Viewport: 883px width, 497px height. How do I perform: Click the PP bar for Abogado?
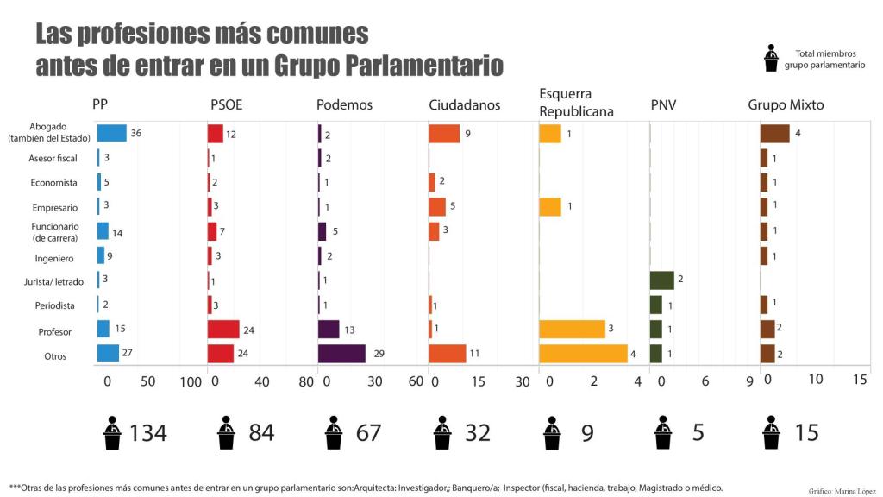(112, 133)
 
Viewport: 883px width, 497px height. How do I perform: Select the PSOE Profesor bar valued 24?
(223, 329)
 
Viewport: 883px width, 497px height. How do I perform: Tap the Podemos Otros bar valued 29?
(341, 354)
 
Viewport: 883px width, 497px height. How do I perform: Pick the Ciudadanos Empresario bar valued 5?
(437, 207)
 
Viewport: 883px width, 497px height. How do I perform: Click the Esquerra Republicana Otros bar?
(583, 354)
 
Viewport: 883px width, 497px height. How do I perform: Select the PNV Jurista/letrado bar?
(661, 280)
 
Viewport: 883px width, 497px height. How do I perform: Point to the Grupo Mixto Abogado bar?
(774, 133)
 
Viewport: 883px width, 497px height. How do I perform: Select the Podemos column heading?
(344, 105)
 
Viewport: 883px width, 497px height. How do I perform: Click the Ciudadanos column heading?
(464, 105)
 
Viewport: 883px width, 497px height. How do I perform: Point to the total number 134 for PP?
(147, 432)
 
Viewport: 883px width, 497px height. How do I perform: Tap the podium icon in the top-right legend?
(771, 59)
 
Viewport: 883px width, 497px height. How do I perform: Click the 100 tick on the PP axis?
(190, 382)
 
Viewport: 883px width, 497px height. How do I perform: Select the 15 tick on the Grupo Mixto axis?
(860, 379)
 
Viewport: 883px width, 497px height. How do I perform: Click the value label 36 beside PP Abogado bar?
(136, 134)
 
